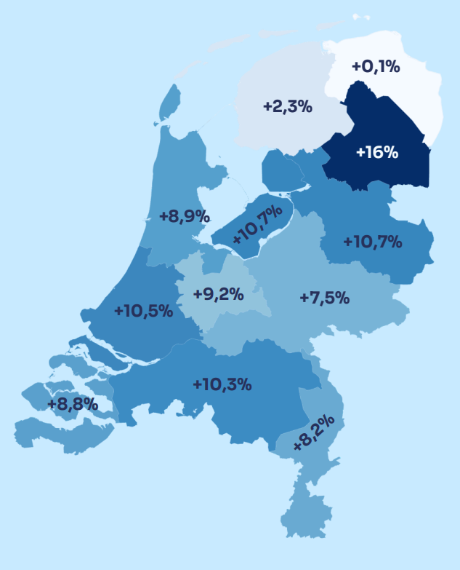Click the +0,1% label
click(376, 67)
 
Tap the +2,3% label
click(287, 107)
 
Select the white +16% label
click(376, 152)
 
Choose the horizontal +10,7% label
click(372, 242)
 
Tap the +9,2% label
click(218, 295)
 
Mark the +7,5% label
click(325, 297)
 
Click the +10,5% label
click(143, 311)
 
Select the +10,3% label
click(222, 384)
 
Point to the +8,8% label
click(73, 404)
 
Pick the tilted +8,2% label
click(314, 433)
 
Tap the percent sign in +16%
click(390, 152)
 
